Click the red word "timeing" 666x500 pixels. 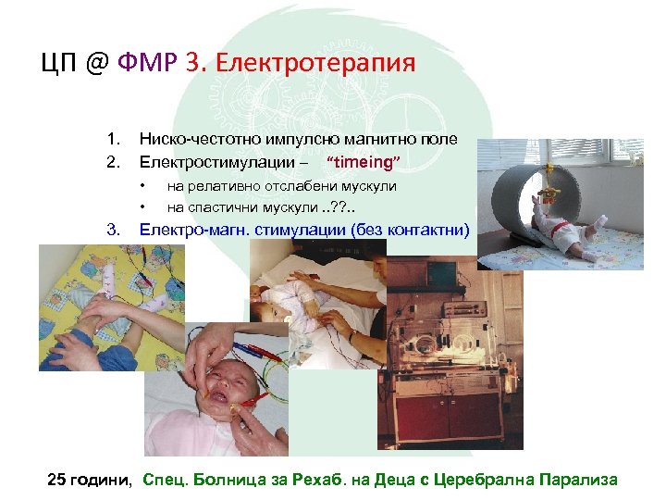363,163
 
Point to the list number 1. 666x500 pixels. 113,140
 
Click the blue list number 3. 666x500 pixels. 113,229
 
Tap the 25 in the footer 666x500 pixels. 57,479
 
